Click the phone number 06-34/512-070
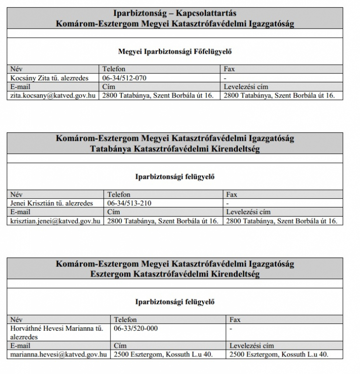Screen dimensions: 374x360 click(124, 78)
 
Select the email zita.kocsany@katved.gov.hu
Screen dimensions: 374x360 click(53, 95)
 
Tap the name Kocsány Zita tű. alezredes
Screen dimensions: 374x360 click(48, 78)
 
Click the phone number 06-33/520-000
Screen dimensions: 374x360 click(135, 328)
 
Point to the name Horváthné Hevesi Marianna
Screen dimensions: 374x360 click(57, 328)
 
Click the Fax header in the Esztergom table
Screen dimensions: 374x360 click(235, 319)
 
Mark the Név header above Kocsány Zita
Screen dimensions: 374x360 click(17, 69)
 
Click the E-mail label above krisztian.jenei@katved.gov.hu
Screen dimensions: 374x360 click(20, 212)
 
